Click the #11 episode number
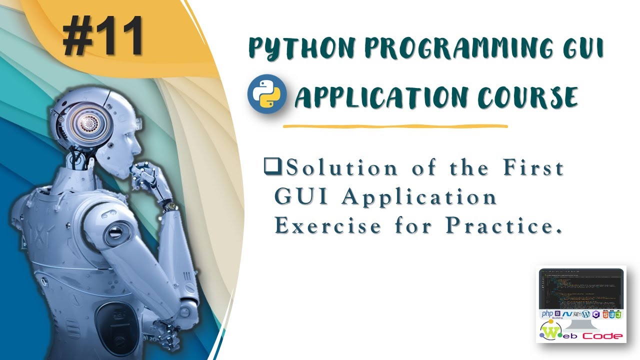click(103, 36)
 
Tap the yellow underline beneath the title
click(395, 126)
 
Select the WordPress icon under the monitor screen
click(585, 314)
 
